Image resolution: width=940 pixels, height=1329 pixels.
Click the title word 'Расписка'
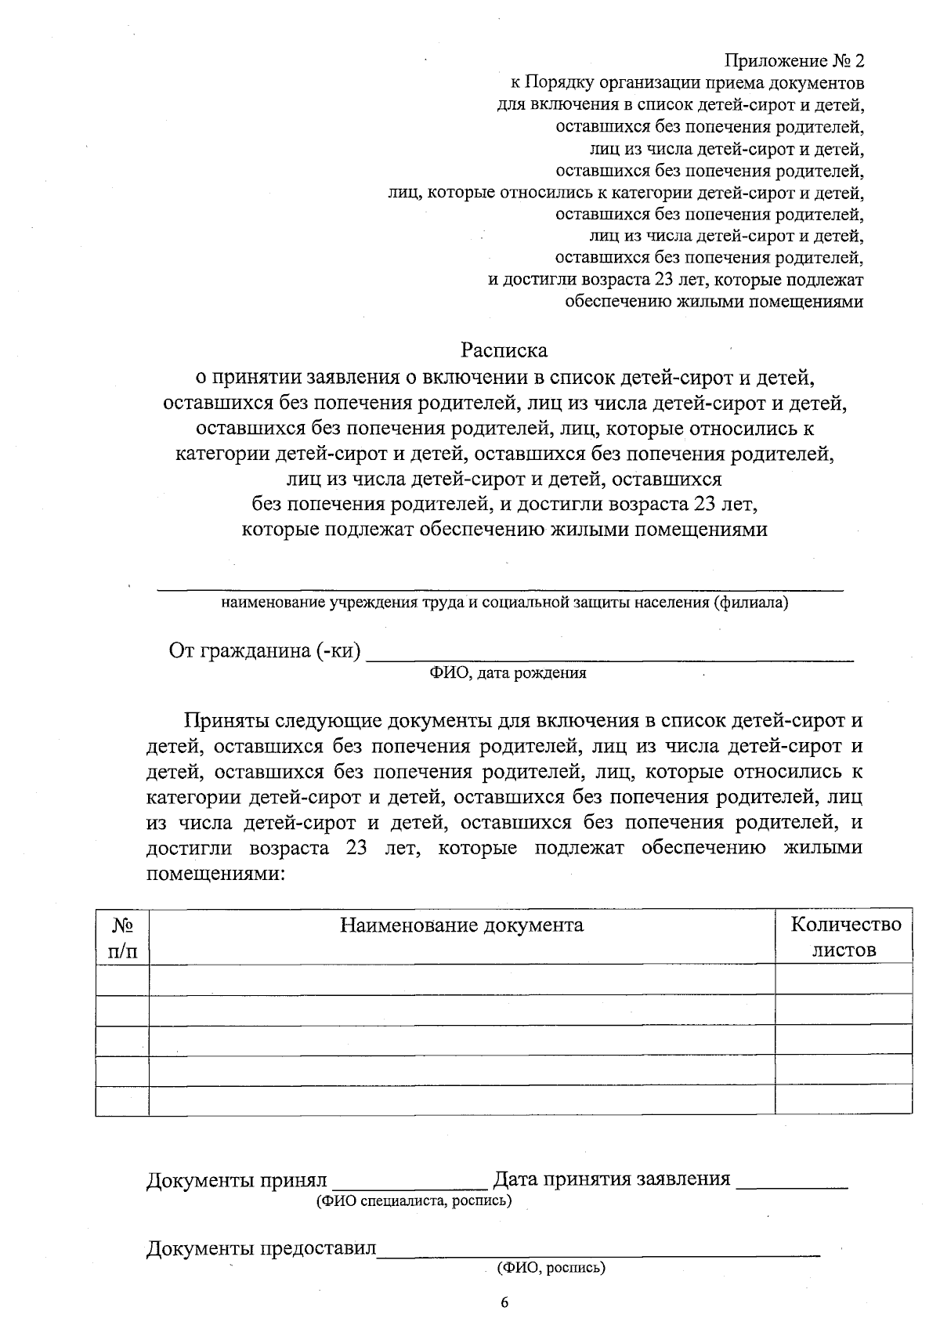(504, 349)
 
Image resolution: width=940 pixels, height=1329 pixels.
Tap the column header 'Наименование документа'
(461, 925)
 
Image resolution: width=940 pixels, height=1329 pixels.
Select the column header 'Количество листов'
(845, 937)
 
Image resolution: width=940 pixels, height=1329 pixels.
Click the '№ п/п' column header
(121, 937)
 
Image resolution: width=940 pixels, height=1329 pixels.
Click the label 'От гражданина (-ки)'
(265, 651)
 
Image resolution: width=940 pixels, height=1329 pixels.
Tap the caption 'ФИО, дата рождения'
(508, 673)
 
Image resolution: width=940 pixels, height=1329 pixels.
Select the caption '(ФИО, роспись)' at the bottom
(551, 1267)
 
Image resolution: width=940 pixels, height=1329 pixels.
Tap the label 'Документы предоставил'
(261, 1248)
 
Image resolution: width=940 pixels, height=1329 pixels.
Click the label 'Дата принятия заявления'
(612, 1179)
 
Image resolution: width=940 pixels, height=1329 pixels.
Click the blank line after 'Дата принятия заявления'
(793, 1183)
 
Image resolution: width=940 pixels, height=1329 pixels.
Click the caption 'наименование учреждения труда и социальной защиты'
(504, 603)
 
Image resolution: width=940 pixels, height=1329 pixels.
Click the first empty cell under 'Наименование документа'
(461, 980)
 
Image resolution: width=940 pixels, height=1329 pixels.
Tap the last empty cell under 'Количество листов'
(844, 1099)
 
